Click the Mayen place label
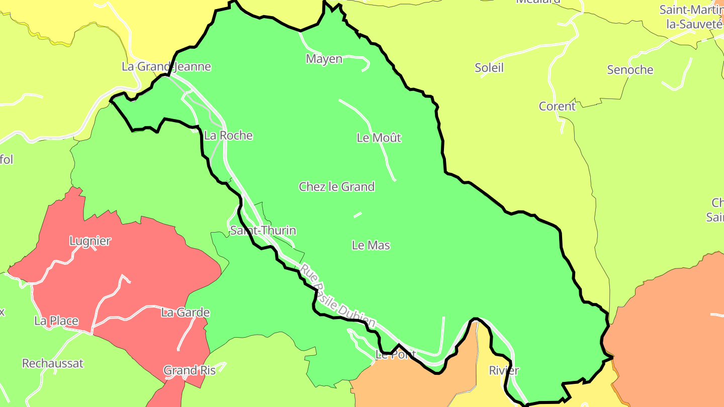324,59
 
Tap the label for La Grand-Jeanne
166,66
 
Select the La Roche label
228,135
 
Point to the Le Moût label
379,137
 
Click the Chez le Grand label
337,186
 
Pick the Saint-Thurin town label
263,230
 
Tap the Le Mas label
371,245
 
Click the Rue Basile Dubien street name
338,296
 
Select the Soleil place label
489,67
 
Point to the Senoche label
630,70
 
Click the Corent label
557,106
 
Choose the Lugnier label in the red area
90,241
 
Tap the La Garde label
185,313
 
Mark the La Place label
56,321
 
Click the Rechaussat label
53,363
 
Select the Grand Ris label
190,370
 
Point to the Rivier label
504,370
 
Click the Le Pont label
395,355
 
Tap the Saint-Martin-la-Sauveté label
691,17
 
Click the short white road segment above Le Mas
357,215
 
